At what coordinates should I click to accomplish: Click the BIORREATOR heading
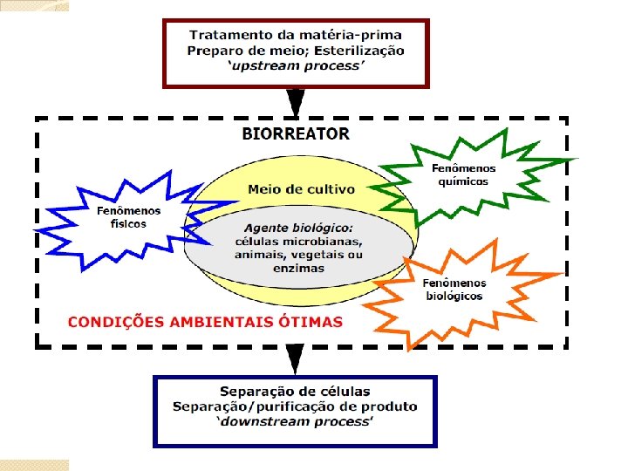coord(296,134)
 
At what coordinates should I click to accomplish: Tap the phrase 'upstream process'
coord(296,65)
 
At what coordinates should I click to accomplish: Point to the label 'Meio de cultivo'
coord(301,189)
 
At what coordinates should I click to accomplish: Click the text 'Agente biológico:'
coord(299,229)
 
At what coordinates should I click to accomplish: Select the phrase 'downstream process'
coord(296,421)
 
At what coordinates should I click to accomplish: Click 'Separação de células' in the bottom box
coord(296,392)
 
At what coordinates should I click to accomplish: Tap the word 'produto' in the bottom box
coord(390,406)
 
